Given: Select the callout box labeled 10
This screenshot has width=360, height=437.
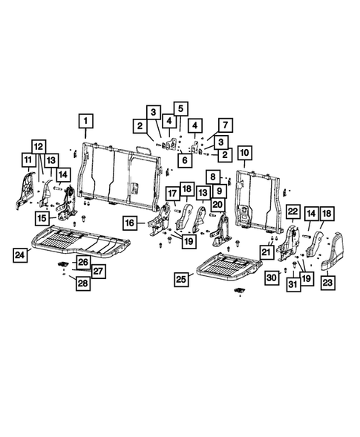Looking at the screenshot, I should [244, 154].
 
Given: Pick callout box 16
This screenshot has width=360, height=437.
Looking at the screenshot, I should [130, 223].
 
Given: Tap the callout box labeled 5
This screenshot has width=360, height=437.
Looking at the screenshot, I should [181, 107].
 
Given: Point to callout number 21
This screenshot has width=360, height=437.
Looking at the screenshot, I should [266, 252].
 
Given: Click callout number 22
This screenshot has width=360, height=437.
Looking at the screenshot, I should [292, 212].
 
